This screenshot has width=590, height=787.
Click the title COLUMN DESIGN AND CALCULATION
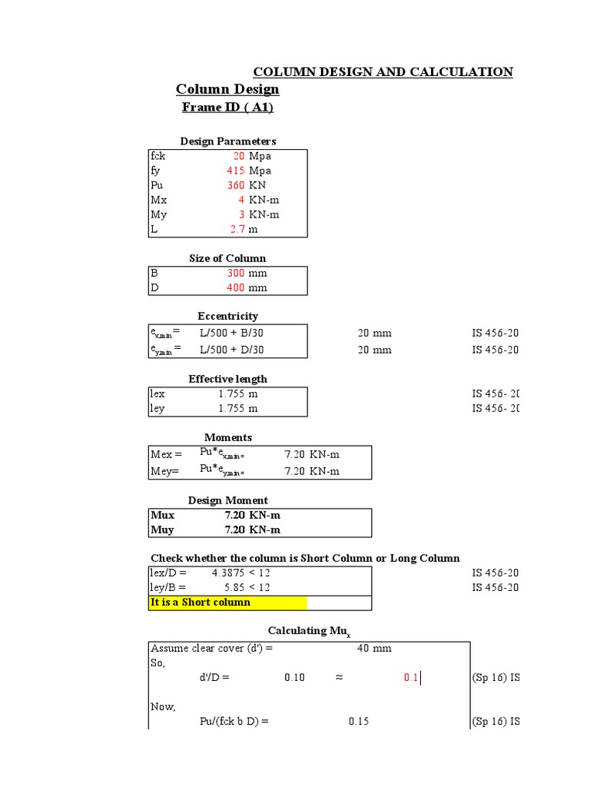[383, 72]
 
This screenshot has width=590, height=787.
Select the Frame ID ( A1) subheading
[227, 108]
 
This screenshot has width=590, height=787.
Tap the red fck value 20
[239, 156]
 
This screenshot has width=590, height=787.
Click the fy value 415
[236, 171]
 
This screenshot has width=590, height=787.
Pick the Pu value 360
[236, 185]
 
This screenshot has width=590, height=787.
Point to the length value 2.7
[237, 229]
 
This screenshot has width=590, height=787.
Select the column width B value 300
[236, 273]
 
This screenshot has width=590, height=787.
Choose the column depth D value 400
[236, 287]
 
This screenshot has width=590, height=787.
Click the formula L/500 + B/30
[231, 333]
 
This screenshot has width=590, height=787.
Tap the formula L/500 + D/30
[231, 350]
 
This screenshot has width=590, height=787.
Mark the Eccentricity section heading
[227, 316]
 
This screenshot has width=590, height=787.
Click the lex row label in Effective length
[157, 393]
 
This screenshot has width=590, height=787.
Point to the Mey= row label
[164, 471]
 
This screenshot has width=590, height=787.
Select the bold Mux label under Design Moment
[162, 515]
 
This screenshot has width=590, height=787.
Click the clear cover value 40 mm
[374, 648]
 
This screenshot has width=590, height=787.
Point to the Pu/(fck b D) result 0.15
[359, 722]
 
